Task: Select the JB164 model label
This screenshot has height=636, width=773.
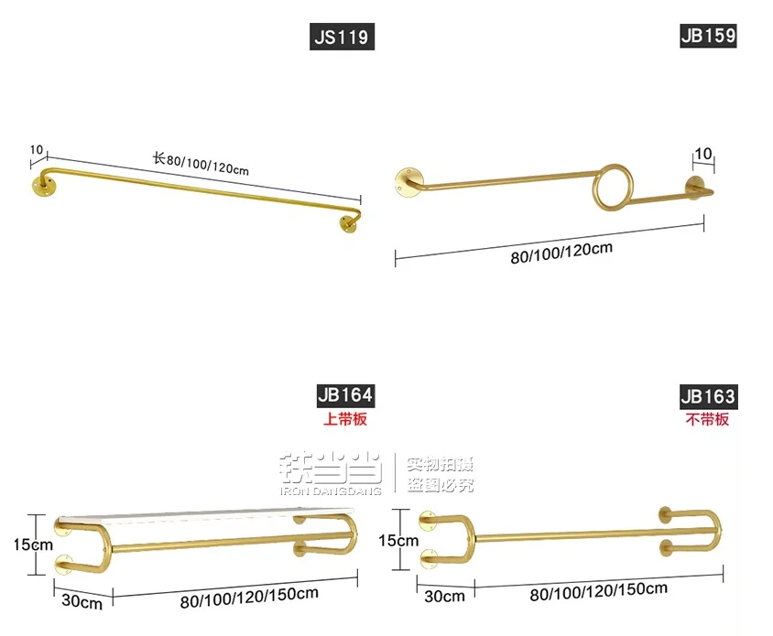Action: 345,395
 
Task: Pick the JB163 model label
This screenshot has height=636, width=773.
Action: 708,396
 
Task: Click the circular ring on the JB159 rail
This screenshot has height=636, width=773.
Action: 610,186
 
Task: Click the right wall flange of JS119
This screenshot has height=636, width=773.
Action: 349,222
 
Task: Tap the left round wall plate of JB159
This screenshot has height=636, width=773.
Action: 408,182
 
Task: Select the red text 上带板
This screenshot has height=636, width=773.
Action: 344,420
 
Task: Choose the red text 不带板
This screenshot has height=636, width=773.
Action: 708,420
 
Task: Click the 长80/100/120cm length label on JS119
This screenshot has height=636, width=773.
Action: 201,163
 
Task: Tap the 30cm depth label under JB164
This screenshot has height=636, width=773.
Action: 82,601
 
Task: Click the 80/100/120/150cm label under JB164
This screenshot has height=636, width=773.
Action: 249,597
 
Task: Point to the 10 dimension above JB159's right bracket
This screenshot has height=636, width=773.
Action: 703,152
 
